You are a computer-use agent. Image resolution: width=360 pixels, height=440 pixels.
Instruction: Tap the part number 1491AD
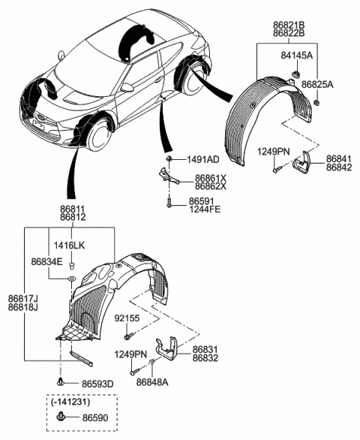pos(202,160)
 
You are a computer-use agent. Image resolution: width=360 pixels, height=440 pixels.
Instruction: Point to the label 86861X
pos(210,177)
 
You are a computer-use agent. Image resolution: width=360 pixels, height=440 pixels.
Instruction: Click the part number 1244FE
pos(204,212)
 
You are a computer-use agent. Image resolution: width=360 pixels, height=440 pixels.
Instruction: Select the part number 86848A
pos(151,382)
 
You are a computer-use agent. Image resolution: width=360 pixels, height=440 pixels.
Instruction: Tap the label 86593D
pos(97,384)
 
